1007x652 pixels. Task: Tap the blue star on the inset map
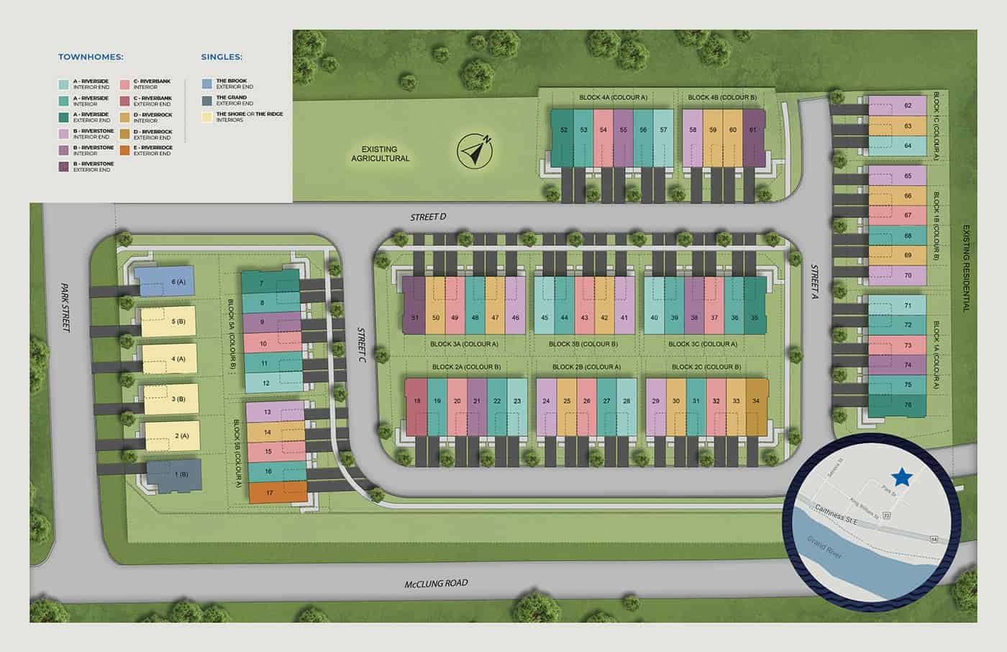(x=901, y=476)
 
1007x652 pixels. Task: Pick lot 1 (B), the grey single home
(x=174, y=476)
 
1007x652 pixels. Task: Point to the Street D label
(x=429, y=217)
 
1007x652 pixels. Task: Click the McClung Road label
(x=436, y=583)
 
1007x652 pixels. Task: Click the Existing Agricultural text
(x=381, y=154)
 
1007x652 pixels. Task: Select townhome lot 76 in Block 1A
(x=896, y=405)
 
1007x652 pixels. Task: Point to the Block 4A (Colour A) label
(x=614, y=97)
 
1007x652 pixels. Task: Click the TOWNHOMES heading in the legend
(x=91, y=56)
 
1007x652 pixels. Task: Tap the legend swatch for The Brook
(x=206, y=83)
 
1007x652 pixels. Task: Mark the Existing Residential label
(x=966, y=268)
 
